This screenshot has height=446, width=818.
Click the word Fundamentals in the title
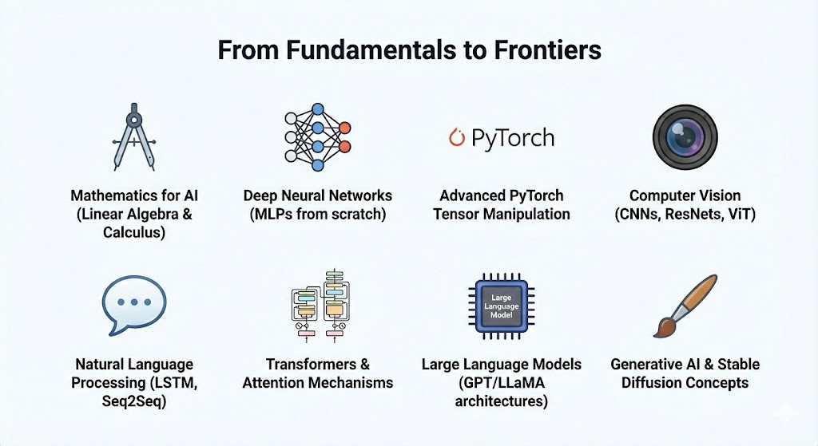(352, 49)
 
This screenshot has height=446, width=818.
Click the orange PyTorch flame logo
(456, 137)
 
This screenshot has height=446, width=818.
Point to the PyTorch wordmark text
(512, 138)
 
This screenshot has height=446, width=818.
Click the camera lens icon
(685, 136)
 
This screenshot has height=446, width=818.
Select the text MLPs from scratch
(317, 214)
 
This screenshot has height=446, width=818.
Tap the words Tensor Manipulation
(501, 214)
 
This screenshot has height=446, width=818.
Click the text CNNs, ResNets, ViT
(685, 214)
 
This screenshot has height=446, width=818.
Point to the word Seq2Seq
(133, 401)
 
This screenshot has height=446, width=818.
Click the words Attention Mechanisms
(318, 383)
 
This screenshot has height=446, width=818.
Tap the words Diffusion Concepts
(685, 383)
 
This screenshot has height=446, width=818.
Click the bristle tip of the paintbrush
(663, 329)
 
